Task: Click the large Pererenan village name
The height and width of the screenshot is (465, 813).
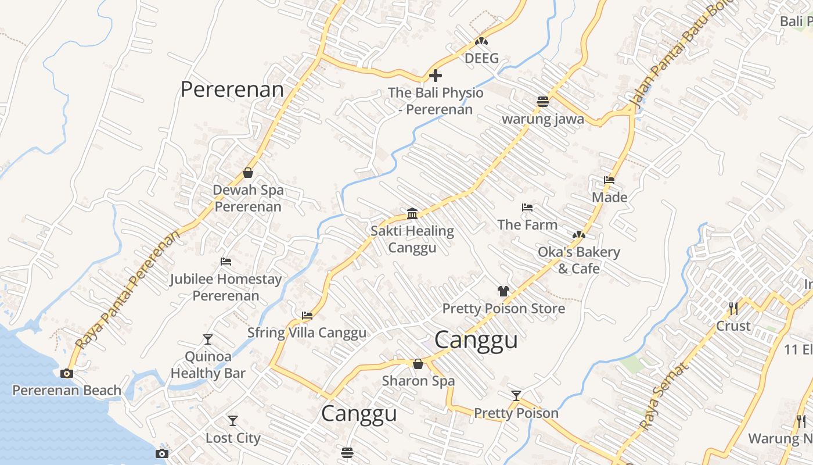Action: coord(232,90)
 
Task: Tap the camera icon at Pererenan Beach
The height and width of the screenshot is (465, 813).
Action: coord(67,373)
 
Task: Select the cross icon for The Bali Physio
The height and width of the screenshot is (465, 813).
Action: coord(435,75)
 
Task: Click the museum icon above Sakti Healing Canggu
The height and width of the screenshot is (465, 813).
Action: coord(412,213)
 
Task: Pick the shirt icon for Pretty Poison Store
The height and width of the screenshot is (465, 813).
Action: coord(503,291)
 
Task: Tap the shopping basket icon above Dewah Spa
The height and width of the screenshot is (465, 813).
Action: coord(248,173)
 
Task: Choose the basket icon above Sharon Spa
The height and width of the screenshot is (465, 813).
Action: coord(418,364)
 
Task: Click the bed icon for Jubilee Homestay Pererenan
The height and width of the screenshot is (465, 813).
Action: coord(226,262)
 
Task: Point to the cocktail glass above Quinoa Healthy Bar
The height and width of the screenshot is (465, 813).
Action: coord(208,339)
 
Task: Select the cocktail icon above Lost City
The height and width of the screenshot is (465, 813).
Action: coord(233,420)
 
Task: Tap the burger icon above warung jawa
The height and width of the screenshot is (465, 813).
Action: coord(543,102)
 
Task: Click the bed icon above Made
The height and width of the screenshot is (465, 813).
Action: coord(609,180)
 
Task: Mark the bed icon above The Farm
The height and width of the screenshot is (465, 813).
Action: coord(527,208)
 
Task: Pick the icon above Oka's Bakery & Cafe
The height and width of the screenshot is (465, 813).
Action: coord(578,235)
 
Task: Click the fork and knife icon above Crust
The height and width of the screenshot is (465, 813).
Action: coord(733,308)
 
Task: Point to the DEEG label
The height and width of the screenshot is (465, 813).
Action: coord(481,58)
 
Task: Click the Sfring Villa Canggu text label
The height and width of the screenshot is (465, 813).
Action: coord(307,332)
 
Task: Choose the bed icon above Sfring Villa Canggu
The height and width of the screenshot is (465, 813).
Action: coord(307,316)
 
